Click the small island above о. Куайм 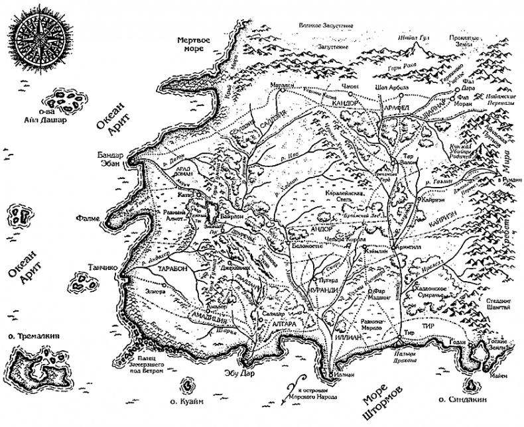(188, 383)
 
